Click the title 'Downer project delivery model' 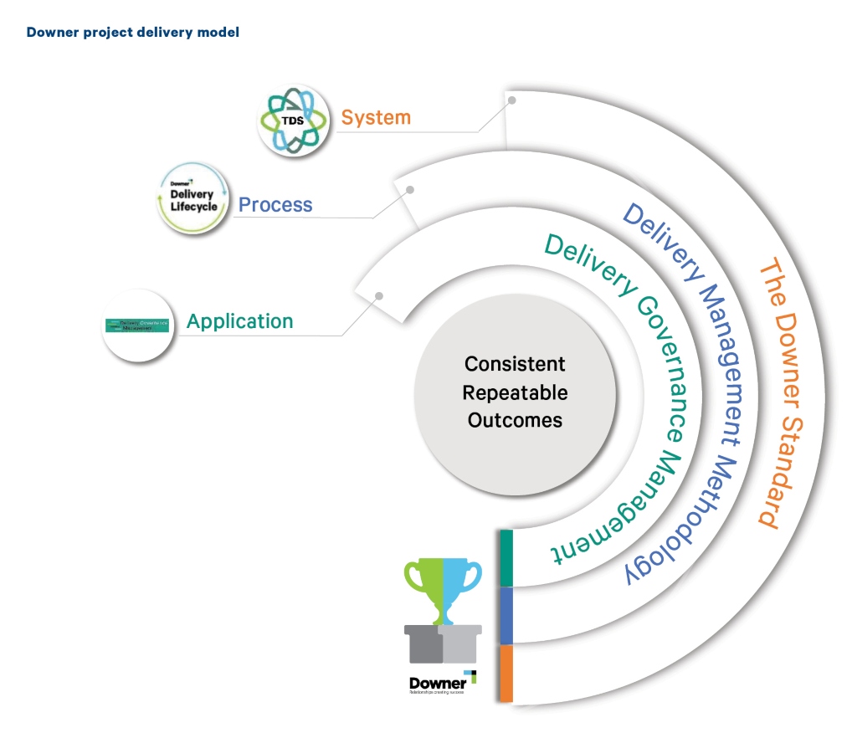[133, 33]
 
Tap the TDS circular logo [293, 120]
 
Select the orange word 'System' [376, 117]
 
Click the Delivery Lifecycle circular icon [192, 198]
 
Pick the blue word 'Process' [275, 205]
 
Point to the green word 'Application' [240, 321]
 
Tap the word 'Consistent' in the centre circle [515, 364]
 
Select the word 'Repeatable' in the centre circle [515, 392]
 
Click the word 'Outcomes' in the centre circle [515, 420]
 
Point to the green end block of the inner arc [506, 558]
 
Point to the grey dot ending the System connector [512, 100]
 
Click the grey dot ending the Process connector [410, 190]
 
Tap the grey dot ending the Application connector [379, 295]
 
